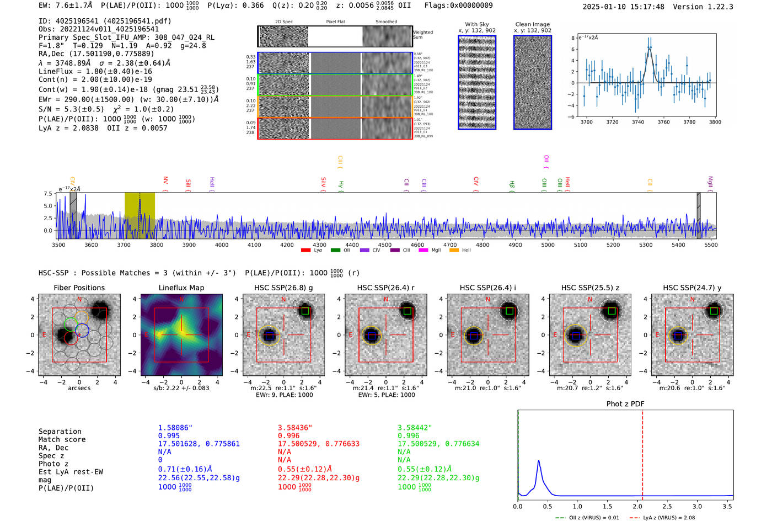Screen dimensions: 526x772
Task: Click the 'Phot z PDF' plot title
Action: [x=625, y=404]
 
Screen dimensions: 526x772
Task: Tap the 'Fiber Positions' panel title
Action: [x=79, y=288]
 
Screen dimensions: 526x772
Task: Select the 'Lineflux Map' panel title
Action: [x=181, y=288]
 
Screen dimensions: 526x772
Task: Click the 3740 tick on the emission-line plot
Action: [x=638, y=122]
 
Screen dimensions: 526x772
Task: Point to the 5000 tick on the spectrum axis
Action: [x=548, y=245]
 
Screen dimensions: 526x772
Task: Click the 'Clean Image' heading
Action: [x=532, y=24]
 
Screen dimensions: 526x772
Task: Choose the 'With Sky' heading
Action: [x=476, y=24]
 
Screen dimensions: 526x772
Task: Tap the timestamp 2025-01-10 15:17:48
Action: [x=623, y=7]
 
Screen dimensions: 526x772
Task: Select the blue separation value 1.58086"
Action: [x=175, y=428]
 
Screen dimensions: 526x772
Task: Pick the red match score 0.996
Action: [x=288, y=435]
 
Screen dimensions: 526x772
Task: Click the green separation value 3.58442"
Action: [x=415, y=428]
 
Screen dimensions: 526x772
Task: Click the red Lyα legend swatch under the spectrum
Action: [x=305, y=251]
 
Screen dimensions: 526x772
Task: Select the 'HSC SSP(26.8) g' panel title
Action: [x=283, y=288]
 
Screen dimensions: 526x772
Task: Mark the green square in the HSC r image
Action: [x=407, y=311]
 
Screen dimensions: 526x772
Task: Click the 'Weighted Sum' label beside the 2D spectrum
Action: [x=422, y=35]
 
